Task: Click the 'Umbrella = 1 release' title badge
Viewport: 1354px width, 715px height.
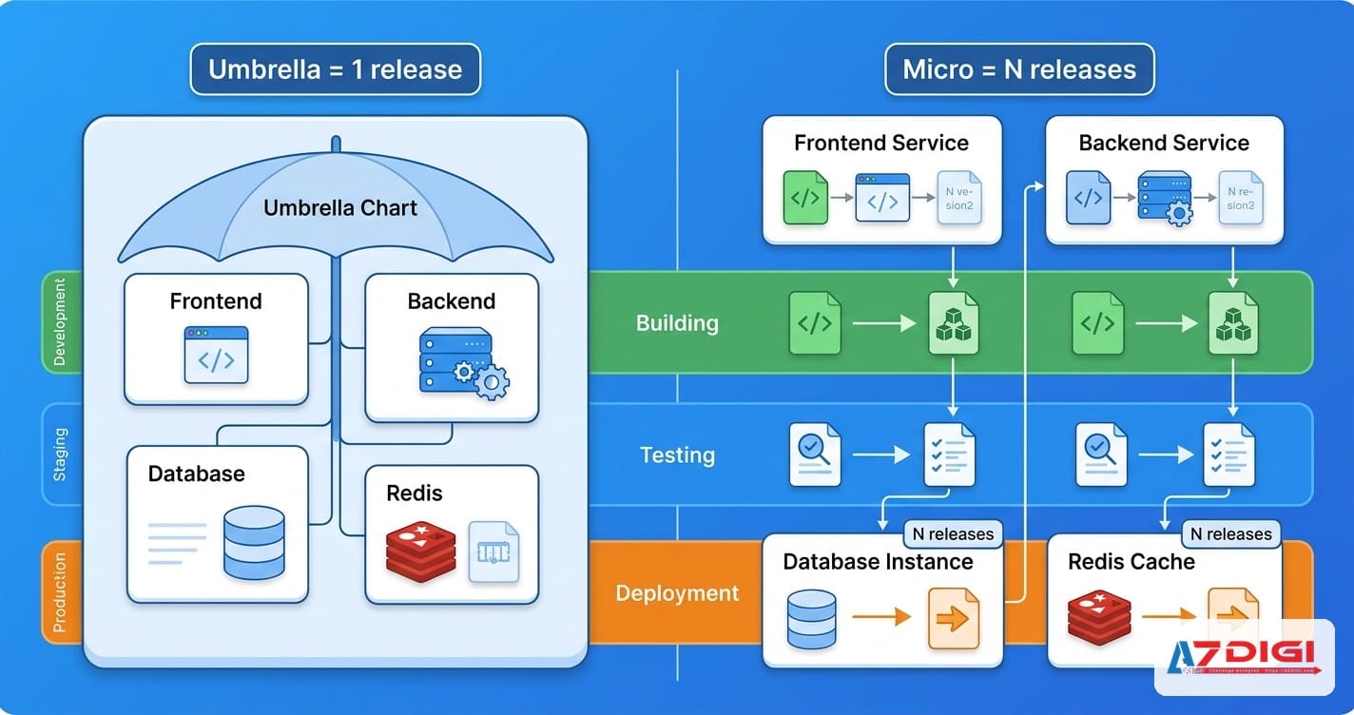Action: pos(335,69)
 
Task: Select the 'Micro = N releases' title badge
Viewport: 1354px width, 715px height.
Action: pos(1018,69)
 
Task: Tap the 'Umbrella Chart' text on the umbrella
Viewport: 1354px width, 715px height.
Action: pos(339,207)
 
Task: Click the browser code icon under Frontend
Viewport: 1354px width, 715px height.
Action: pos(216,355)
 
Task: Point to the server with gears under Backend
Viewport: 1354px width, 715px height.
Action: pos(463,362)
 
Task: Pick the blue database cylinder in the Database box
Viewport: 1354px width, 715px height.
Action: pos(254,542)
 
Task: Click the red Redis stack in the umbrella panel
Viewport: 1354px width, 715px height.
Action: pos(420,551)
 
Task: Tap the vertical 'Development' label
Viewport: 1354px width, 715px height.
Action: pos(59,321)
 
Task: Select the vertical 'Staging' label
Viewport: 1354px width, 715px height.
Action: pos(59,454)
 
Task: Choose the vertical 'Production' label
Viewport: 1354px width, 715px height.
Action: pos(59,591)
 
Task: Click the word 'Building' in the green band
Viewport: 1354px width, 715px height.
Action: pos(677,323)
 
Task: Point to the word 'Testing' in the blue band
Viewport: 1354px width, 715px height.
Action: pos(677,455)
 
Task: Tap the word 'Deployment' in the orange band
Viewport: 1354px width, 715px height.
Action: pos(677,593)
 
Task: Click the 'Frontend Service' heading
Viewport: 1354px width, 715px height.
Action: pos(880,144)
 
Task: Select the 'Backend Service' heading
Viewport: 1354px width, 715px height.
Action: pos(1163,144)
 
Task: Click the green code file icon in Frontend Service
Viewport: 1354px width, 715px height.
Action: pos(805,198)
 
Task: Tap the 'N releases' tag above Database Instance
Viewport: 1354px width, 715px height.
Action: pos(952,534)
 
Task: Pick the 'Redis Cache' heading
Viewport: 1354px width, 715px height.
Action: pos(1131,562)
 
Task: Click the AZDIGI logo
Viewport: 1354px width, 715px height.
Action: pos(1244,657)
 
